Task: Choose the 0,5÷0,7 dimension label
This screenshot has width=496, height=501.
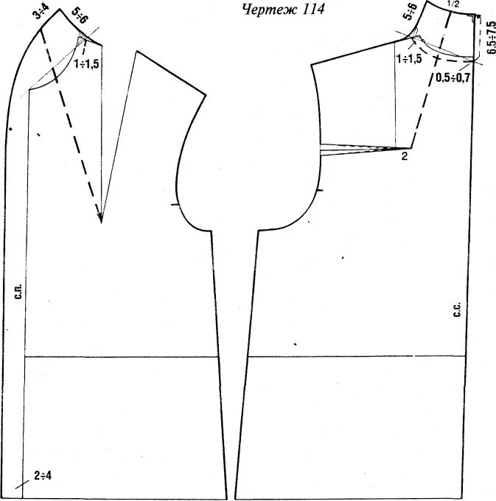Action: point(453,77)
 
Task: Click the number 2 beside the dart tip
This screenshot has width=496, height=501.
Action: point(404,156)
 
